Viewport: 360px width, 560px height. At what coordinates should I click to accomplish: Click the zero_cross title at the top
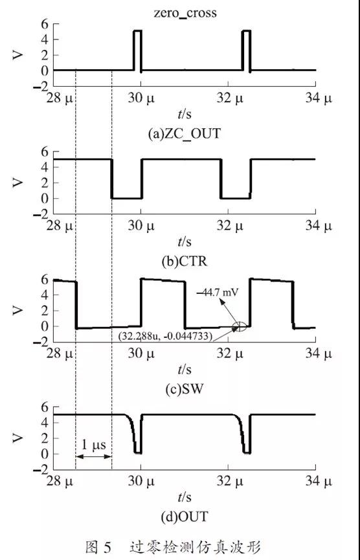coord(185,13)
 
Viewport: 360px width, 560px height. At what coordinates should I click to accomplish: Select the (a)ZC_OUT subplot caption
coord(185,134)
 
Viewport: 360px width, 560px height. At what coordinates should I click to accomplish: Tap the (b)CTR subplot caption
coord(185,262)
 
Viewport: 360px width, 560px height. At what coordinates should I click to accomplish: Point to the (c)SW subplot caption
coord(185,389)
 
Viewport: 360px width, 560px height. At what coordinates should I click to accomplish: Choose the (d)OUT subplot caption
coord(185,517)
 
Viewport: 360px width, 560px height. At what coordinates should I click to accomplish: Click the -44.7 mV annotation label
coord(218,293)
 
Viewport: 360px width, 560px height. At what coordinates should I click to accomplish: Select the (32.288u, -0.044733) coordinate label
coord(164,337)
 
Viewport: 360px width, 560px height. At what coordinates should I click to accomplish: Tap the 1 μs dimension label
coord(94,445)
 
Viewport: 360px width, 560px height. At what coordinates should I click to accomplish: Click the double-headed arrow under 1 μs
coord(94,456)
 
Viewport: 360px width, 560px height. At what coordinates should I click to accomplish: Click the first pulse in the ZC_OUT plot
coord(137,50)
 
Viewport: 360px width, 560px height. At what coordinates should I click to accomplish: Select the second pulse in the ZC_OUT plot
coord(247,50)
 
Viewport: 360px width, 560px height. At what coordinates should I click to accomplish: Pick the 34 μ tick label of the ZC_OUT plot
coord(318,98)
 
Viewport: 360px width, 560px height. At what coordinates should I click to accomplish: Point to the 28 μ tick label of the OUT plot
coord(60,482)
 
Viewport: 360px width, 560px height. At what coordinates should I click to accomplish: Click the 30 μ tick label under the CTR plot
coord(141,226)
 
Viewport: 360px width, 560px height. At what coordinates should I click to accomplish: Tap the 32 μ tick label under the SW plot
coord(229,354)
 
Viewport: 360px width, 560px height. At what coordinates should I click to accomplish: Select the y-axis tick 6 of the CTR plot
coord(44,152)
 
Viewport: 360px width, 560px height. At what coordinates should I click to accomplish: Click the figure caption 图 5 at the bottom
coord(98,546)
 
